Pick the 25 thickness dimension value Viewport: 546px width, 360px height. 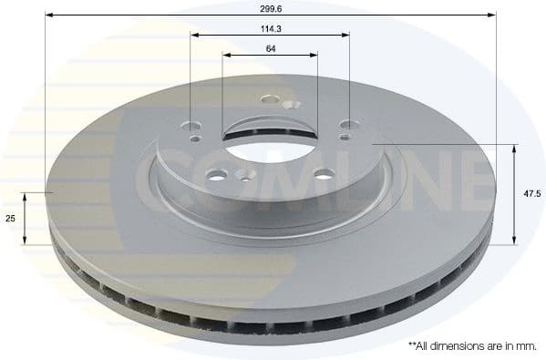(10, 220)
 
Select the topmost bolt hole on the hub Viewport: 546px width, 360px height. (269, 99)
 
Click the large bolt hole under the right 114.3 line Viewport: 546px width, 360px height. (347, 127)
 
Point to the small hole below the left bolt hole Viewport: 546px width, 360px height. (196, 139)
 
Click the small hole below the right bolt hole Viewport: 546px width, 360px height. (343, 138)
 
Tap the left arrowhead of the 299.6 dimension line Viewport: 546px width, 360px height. (49, 15)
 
